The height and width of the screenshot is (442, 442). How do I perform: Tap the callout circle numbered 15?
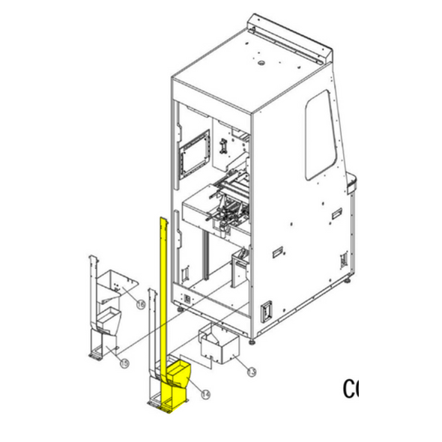[x=124, y=363]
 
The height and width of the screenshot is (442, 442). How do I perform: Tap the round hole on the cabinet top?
[x=261, y=64]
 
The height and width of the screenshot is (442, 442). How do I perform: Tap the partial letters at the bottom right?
[x=351, y=389]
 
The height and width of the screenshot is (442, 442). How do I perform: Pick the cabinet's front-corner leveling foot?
[x=255, y=339]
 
